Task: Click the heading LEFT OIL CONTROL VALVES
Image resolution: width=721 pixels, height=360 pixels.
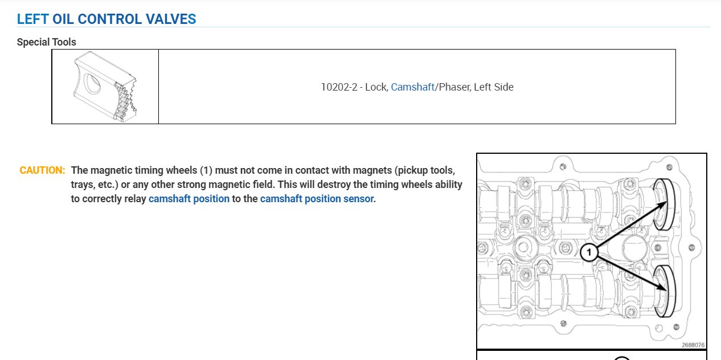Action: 106,19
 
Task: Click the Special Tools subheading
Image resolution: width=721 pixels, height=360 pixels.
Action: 46,42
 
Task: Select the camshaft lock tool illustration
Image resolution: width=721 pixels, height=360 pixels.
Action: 105,87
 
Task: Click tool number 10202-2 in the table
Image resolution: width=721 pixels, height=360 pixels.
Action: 339,87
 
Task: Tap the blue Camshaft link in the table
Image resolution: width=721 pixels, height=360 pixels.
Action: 412,87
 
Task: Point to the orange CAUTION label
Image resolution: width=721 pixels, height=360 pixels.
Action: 42,170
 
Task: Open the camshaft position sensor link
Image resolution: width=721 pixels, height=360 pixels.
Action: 317,199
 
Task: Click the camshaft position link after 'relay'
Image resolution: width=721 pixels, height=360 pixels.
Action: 189,199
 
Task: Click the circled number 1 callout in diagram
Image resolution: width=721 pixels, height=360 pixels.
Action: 589,252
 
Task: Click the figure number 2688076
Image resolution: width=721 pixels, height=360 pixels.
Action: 693,345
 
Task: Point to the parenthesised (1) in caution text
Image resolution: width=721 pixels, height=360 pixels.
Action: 206,170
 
